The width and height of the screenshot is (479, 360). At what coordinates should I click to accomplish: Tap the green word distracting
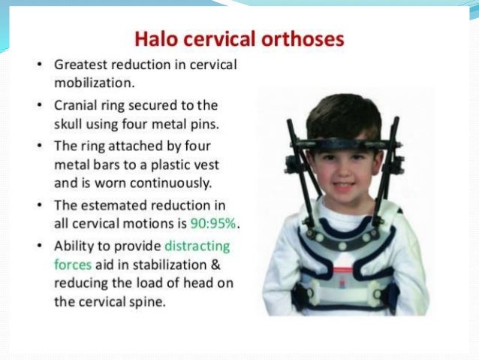click(x=197, y=246)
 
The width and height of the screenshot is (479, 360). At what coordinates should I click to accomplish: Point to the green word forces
click(x=73, y=264)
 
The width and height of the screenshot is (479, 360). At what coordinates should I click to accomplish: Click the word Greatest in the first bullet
click(x=80, y=65)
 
